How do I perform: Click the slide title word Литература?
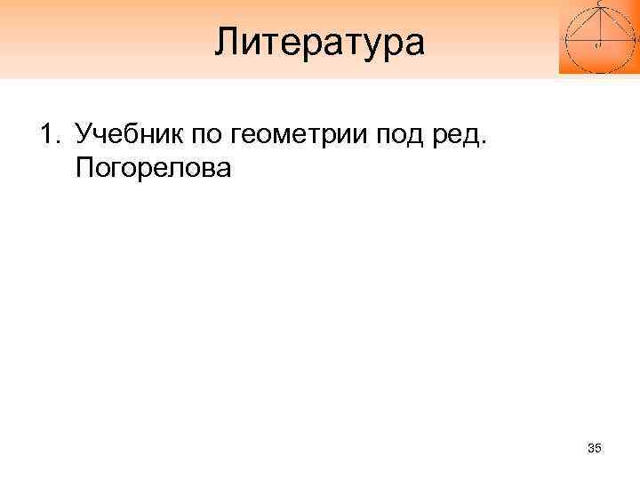click(320, 41)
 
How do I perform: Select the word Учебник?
click(124, 136)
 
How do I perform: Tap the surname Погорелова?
click(153, 169)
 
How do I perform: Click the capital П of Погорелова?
click(85, 168)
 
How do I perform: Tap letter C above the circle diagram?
click(599, 4)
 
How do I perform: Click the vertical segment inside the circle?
click(599, 25)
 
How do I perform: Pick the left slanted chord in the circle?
click(583, 25)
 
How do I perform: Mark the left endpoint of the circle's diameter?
click(567, 40)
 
